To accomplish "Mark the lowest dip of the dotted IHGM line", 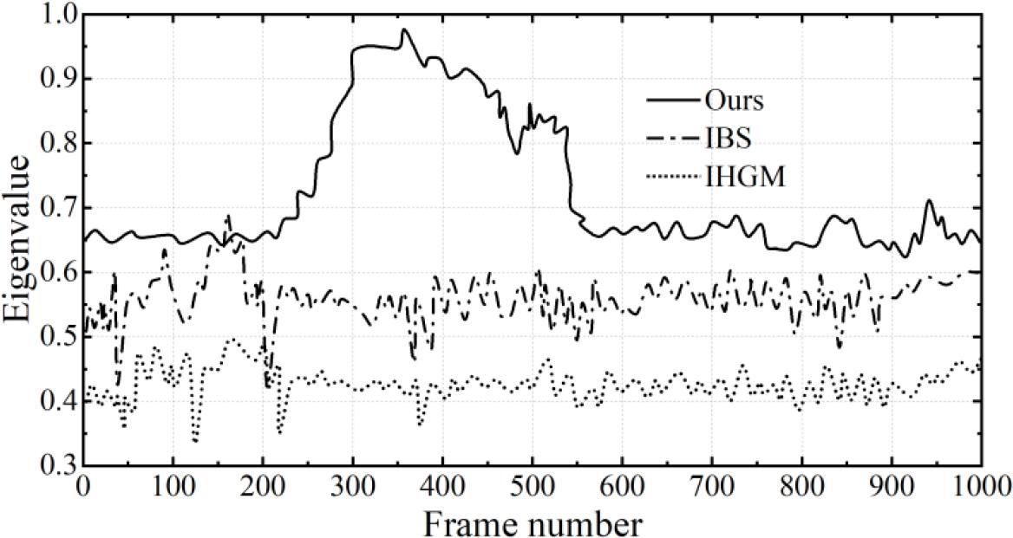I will pos(195,441).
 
